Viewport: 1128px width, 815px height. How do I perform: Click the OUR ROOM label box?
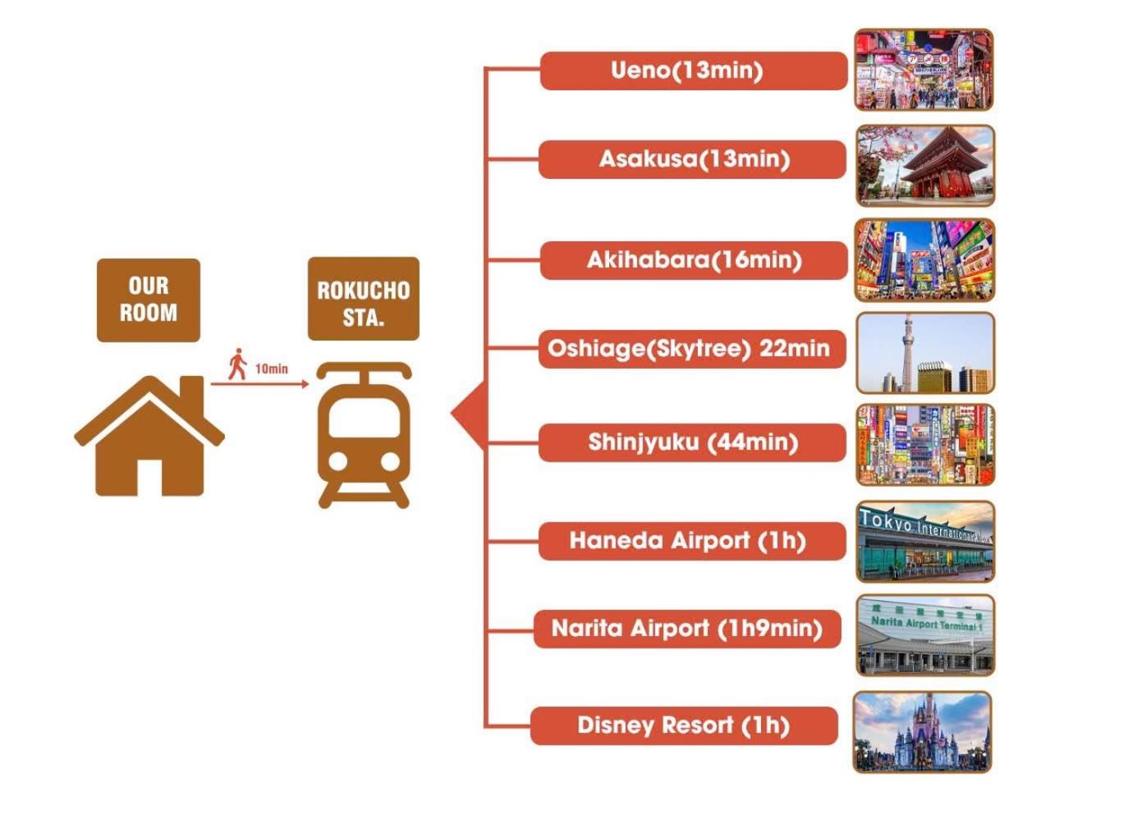tap(148, 300)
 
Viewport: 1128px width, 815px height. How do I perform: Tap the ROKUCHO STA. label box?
tap(363, 300)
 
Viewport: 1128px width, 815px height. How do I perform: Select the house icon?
tap(149, 436)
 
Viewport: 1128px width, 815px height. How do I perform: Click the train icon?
tap(364, 435)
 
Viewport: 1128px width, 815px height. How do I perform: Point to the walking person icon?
tap(238, 364)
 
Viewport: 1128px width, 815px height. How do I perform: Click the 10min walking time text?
tap(272, 369)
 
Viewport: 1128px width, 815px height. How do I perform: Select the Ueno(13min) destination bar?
tap(693, 71)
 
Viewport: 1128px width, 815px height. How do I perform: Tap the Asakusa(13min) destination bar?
tap(692, 159)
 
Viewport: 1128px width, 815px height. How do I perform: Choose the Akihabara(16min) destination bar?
tap(693, 260)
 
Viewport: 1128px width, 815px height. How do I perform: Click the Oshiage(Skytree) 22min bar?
tap(691, 349)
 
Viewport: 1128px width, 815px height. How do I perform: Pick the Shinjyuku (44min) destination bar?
tap(692, 443)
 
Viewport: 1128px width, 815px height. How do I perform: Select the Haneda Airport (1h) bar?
tap(691, 541)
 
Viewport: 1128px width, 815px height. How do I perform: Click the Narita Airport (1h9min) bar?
tap(687, 629)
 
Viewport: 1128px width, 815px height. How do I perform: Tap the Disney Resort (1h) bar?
tap(684, 726)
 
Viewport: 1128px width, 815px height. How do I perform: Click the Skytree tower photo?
tap(924, 353)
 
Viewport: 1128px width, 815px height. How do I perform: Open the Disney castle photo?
tap(922, 732)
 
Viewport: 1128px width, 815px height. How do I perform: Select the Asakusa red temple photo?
tap(924, 165)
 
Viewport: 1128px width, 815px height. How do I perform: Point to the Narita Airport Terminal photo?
tap(924, 636)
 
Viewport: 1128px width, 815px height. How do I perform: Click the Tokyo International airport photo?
tap(924, 542)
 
